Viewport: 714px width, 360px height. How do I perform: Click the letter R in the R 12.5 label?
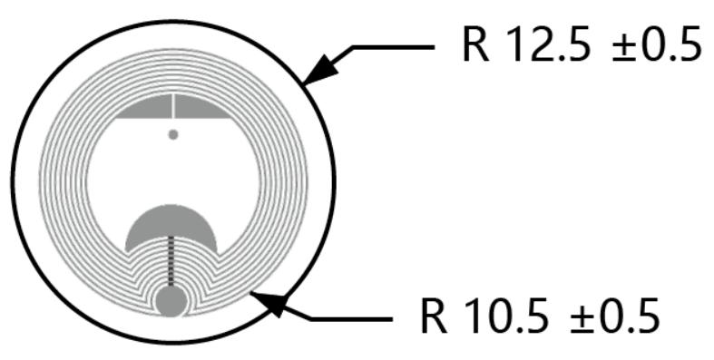[475, 45]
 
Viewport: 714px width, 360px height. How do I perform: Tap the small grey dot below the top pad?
[173, 134]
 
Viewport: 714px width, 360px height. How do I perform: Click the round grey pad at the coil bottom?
[171, 300]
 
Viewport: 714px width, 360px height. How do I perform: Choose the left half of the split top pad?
[145, 109]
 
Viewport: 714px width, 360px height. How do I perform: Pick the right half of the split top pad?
[200, 109]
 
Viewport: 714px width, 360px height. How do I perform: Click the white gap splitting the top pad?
[172, 106]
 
